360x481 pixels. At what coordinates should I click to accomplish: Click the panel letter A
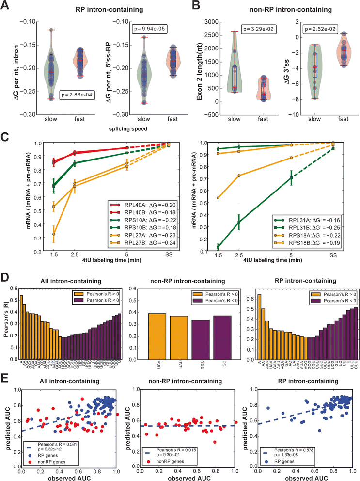tap(8, 6)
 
